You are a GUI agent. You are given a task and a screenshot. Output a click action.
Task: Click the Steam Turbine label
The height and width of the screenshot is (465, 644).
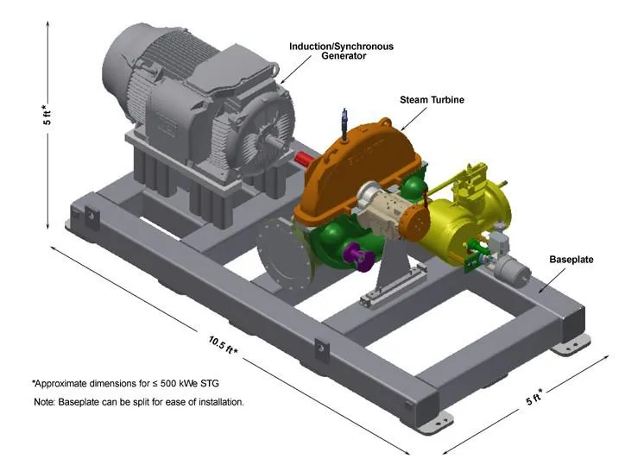click(432, 100)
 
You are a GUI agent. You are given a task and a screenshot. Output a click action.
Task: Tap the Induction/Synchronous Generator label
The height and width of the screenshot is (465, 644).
click(341, 51)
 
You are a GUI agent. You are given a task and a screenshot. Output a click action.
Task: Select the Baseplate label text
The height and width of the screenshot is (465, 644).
click(571, 260)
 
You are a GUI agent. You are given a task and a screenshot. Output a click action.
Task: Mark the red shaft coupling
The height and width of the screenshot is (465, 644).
click(304, 158)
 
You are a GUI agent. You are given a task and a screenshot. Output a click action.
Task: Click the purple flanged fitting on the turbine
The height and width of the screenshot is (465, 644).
click(358, 256)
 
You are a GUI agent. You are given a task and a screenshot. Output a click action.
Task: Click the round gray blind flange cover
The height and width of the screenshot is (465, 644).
click(284, 254)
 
